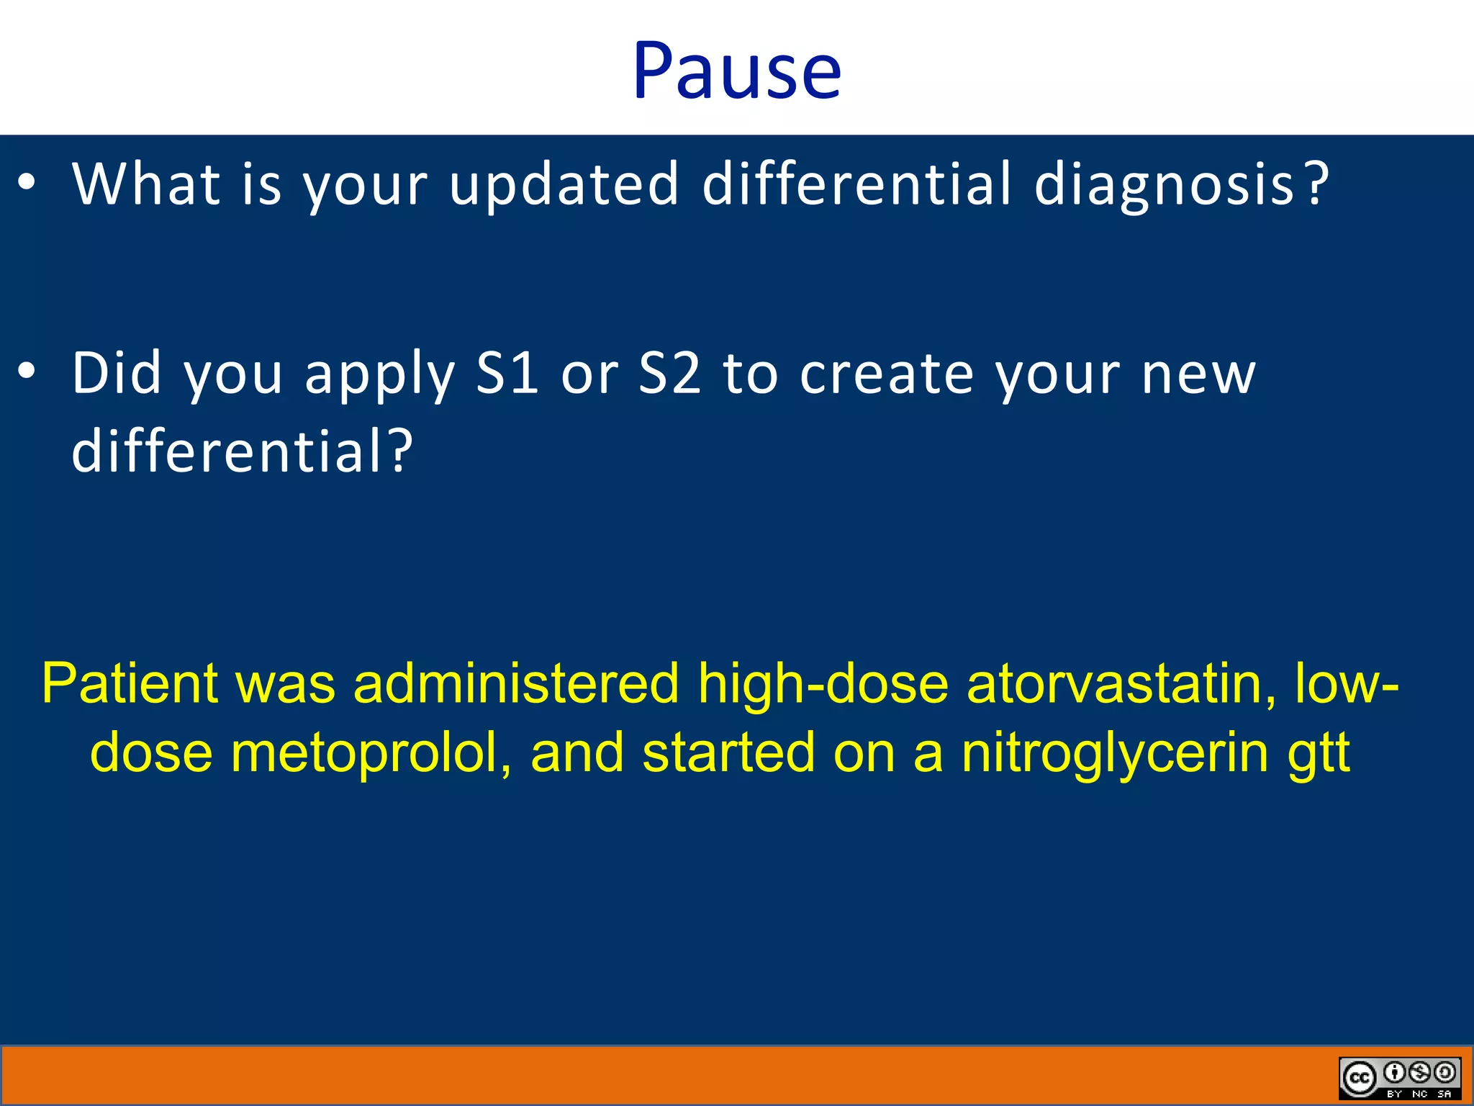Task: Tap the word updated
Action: click(x=564, y=184)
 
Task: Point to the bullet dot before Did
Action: click(x=27, y=372)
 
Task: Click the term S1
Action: click(x=507, y=373)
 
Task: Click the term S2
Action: click(x=669, y=373)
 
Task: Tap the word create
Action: click(x=887, y=374)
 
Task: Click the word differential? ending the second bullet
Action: click(x=243, y=451)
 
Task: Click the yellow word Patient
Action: click(x=130, y=683)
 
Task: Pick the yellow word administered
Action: click(x=516, y=683)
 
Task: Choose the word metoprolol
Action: click(x=371, y=752)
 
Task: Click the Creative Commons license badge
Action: click(x=1399, y=1078)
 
